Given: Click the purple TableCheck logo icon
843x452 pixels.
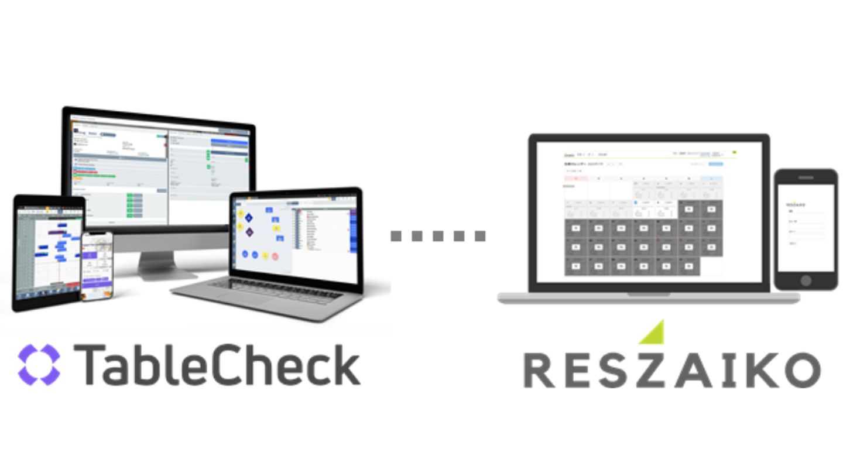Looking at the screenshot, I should point(39,365).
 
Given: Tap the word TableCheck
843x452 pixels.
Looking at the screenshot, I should point(217,365).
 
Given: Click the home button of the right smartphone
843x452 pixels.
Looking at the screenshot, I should point(806,280).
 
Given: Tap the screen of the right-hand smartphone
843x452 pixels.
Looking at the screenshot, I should point(806,228).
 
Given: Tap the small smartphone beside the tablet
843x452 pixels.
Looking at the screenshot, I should point(97,266).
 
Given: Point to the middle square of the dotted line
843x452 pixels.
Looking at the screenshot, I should point(438,236).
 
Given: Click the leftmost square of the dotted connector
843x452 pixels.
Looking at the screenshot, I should point(396,236).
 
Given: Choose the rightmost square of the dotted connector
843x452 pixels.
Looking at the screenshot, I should point(480,236).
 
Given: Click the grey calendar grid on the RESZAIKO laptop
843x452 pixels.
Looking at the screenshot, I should point(632,246).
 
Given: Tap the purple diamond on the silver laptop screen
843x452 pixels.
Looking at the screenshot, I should point(249,232).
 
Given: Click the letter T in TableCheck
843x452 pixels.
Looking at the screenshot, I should point(87,364).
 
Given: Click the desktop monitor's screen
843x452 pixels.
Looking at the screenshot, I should point(158,170).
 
